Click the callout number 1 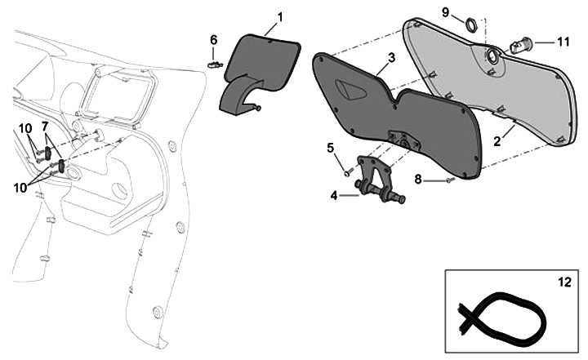click(280, 17)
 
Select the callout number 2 click(497, 141)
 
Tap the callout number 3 click(391, 58)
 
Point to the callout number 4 click(334, 195)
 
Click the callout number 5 click(331, 148)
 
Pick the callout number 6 click(213, 39)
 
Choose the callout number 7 click(45, 126)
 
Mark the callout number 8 click(418, 180)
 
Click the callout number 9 click(446, 12)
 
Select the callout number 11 click(563, 42)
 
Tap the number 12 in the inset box click(564, 282)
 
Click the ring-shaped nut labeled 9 click(471, 25)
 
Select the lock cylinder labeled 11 click(519, 46)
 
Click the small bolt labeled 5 click(348, 173)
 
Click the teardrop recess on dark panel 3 click(350, 90)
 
